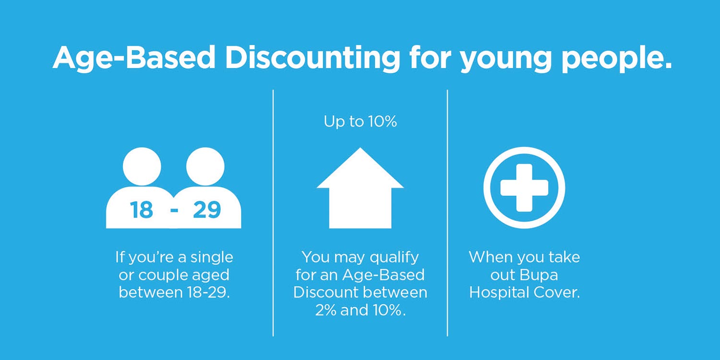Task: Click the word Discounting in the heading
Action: click(x=312, y=58)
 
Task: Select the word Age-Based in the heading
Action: click(x=134, y=58)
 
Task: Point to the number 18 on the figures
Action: click(x=142, y=210)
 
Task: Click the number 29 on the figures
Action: click(x=207, y=210)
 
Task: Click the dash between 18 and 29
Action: click(x=175, y=211)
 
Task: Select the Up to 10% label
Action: click(x=360, y=121)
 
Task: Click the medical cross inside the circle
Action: click(x=524, y=188)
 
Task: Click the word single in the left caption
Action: click(x=212, y=258)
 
